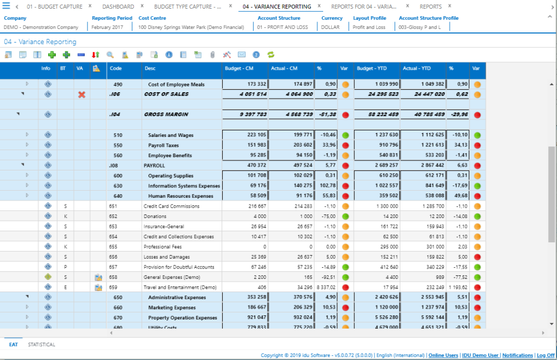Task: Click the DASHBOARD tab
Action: pos(118,6)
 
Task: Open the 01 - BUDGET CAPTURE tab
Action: pos(54,6)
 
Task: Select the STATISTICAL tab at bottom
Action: pos(42,344)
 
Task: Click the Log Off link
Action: pos(545,355)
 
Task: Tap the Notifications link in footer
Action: pos(518,355)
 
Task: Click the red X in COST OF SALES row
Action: pos(81,94)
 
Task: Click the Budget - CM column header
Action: pos(239,68)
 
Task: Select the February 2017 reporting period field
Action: pos(107,27)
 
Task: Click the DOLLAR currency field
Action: pos(330,27)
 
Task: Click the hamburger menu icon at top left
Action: pos(6,6)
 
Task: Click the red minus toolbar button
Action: pos(81,54)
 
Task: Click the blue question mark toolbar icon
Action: pos(256,54)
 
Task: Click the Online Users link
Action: pos(443,355)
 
